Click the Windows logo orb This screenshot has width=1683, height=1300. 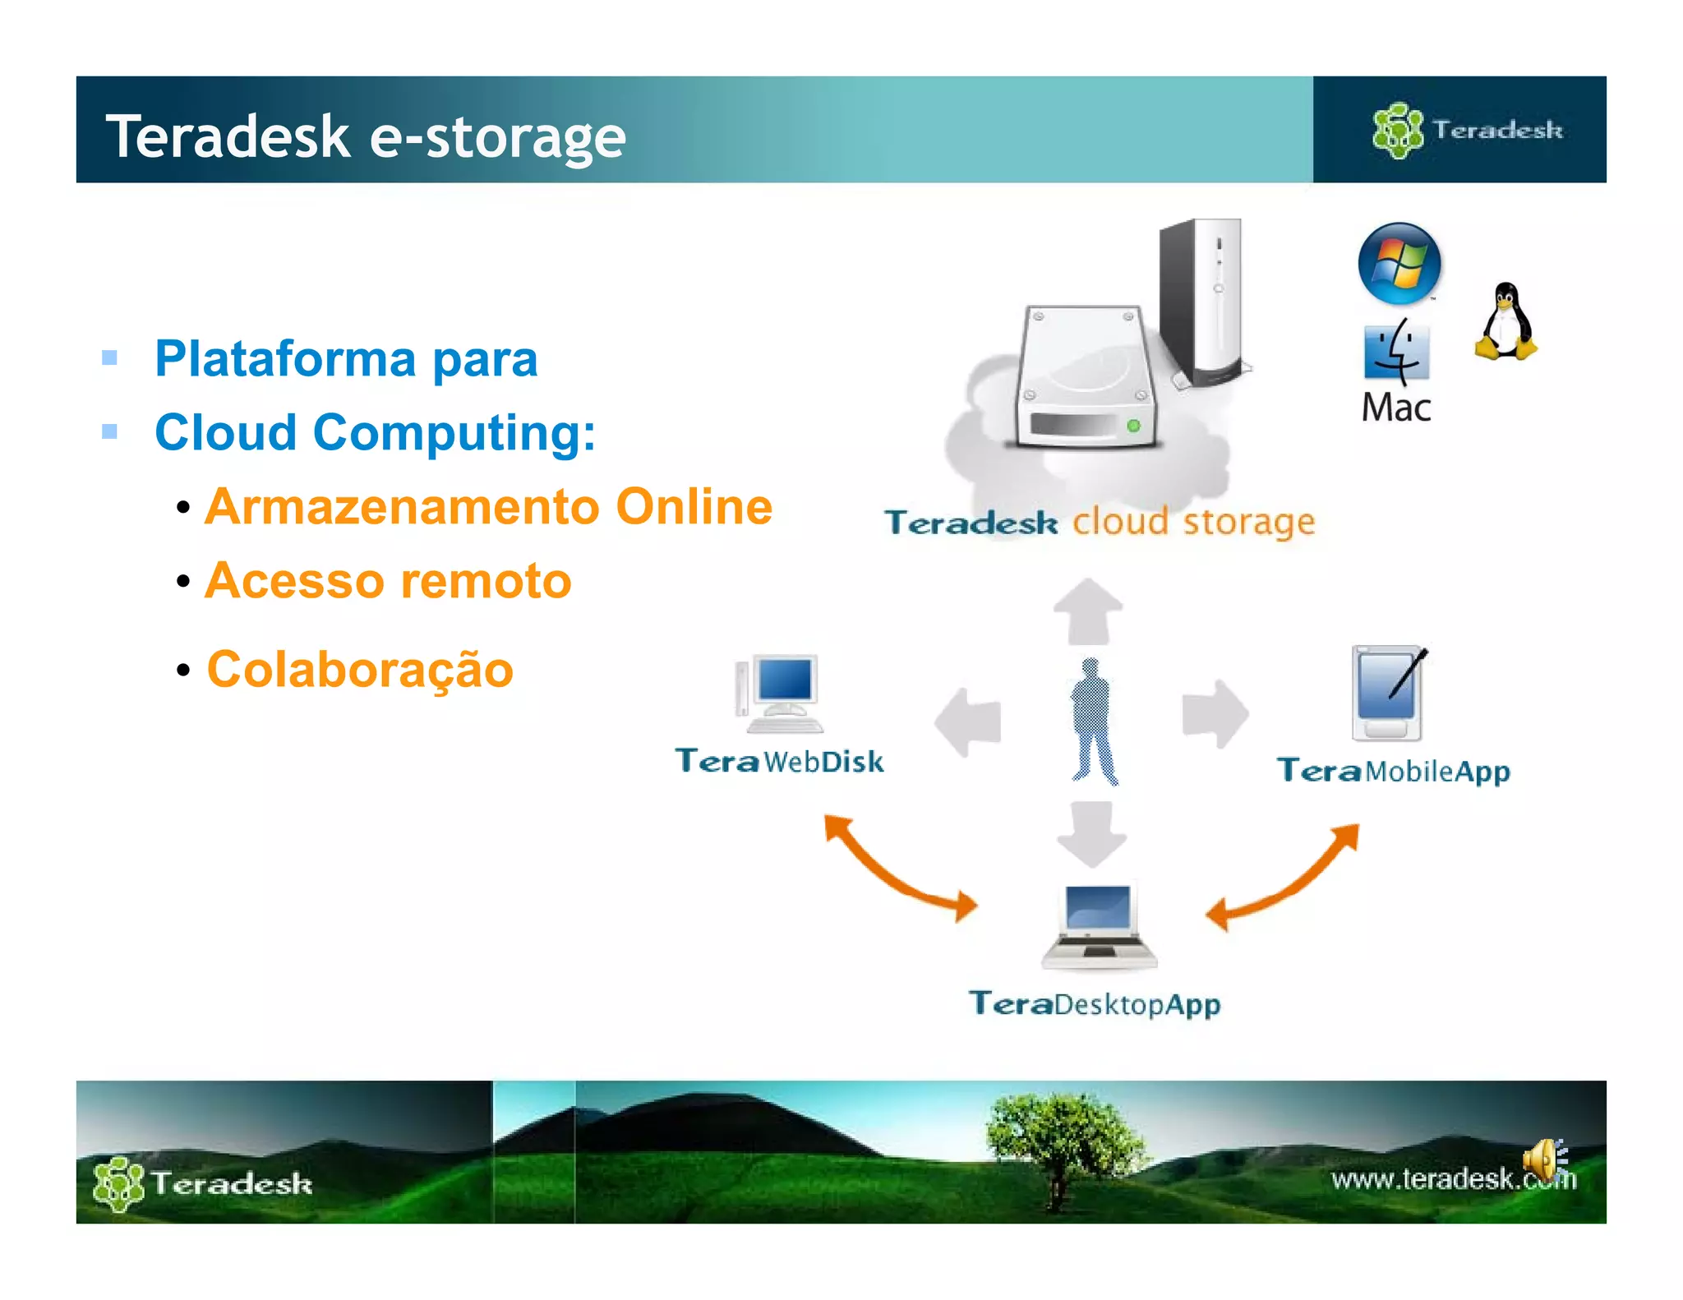(x=1399, y=263)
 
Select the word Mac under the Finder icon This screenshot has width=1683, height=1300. (x=1396, y=408)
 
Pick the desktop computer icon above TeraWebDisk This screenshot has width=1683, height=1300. (x=780, y=694)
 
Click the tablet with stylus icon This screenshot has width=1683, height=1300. (x=1389, y=693)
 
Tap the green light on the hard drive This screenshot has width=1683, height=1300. (x=1133, y=426)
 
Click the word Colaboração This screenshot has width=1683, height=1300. (x=360, y=669)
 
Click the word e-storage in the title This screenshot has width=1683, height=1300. (x=497, y=136)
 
